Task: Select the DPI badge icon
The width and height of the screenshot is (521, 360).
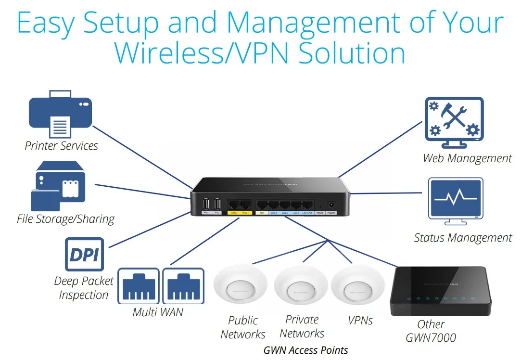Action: [x=84, y=254]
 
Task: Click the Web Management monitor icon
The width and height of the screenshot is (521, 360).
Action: [x=454, y=123]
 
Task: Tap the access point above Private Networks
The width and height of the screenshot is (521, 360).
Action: [x=301, y=289]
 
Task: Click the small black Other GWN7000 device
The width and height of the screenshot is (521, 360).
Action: [x=440, y=291]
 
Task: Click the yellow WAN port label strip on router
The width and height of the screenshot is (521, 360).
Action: [x=239, y=212]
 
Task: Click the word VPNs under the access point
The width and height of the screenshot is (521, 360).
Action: [x=360, y=321]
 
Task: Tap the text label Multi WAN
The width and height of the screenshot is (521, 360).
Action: [x=158, y=312]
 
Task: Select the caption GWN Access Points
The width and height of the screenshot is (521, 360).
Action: [x=305, y=350]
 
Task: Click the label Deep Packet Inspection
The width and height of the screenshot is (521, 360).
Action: [x=84, y=288]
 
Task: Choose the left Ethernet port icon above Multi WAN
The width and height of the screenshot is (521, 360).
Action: [x=138, y=286]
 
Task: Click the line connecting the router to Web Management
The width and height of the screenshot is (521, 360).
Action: [x=380, y=149]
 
